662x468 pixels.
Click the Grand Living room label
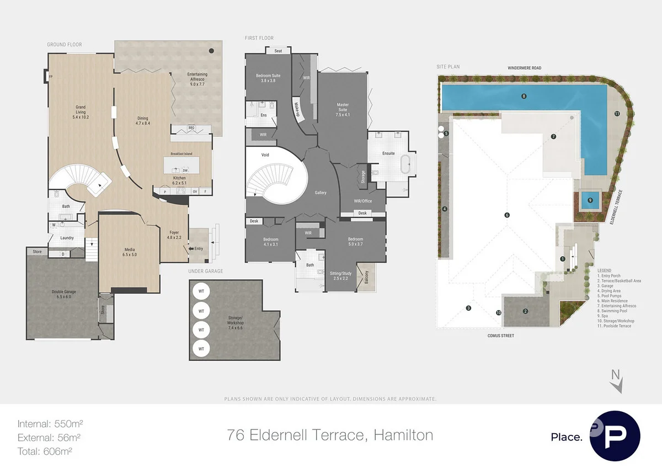pos(81,112)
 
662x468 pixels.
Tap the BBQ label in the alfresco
pos(191,127)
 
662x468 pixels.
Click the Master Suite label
pos(343,109)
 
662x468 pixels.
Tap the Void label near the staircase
pos(264,156)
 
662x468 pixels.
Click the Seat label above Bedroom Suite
pos(278,51)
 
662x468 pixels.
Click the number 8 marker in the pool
pos(524,96)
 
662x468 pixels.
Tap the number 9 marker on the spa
pos(590,200)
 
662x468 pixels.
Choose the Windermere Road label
pos(525,68)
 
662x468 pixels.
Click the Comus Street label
pos(501,335)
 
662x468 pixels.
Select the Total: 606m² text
pos(45,451)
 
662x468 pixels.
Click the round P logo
pos(615,436)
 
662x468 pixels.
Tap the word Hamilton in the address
pos(403,435)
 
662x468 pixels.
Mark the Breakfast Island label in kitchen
pos(181,154)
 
